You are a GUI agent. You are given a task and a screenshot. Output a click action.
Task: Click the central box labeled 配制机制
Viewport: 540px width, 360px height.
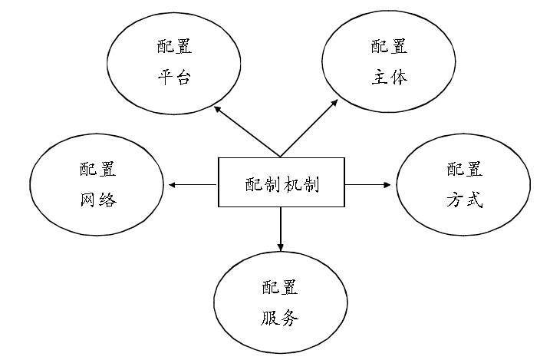tap(282, 183)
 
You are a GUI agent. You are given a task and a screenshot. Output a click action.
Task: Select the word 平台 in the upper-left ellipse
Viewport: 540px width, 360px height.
tap(174, 78)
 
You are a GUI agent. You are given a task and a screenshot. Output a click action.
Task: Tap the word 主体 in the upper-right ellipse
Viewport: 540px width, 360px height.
tap(389, 78)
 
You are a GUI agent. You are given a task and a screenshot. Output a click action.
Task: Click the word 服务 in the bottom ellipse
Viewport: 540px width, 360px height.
tap(280, 318)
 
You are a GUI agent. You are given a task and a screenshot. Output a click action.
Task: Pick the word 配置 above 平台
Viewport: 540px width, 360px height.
tap(174, 47)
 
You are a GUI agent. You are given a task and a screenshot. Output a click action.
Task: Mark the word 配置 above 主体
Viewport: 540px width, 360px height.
tap(389, 47)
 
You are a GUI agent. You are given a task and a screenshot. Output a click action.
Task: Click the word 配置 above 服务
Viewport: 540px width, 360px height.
tap(280, 287)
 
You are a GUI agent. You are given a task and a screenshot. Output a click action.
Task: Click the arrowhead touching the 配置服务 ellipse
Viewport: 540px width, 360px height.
tap(281, 247)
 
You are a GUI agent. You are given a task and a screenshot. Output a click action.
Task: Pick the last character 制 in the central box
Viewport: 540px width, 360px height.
tap(311, 183)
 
